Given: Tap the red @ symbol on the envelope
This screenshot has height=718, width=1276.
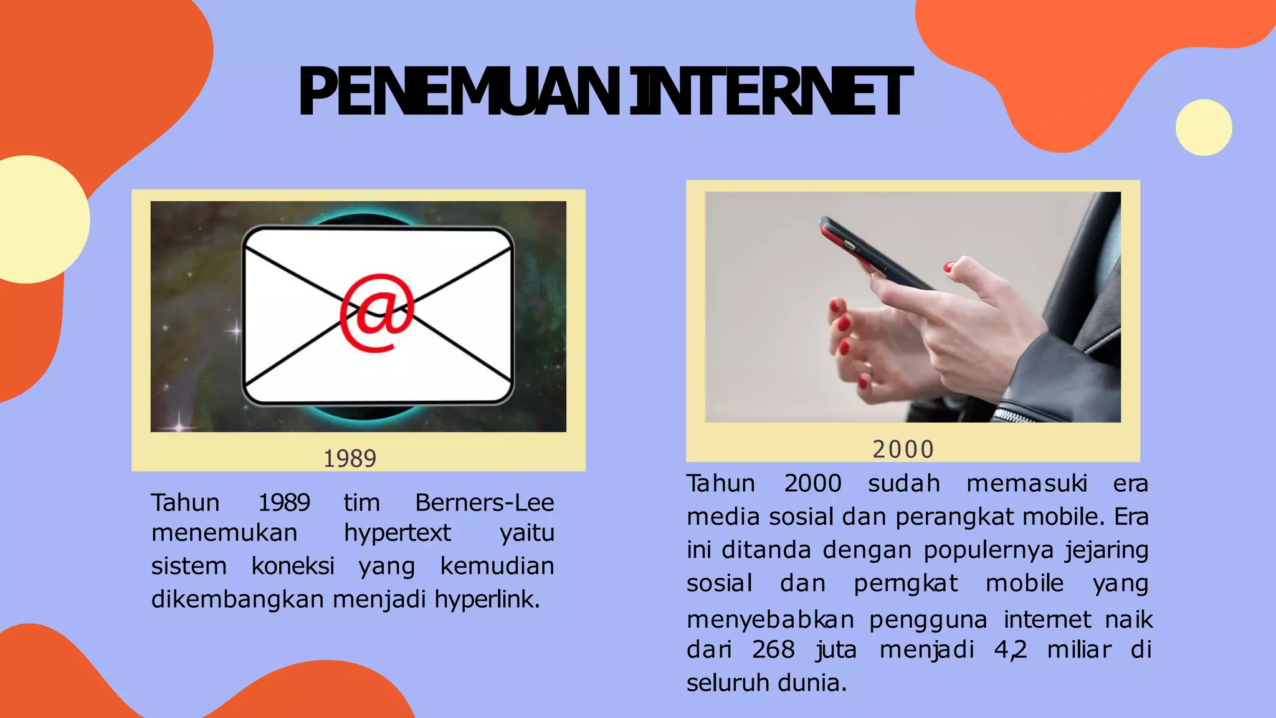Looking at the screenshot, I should click(x=377, y=312).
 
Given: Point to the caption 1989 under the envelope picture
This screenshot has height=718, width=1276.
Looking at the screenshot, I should click(x=350, y=459).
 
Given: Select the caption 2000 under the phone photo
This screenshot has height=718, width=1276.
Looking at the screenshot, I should click(x=903, y=449).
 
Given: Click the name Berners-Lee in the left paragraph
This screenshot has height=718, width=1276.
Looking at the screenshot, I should click(x=484, y=502).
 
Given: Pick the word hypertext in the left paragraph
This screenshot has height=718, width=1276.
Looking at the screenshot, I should click(x=397, y=533).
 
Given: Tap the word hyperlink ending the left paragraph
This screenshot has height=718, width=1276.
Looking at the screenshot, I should click(x=487, y=599).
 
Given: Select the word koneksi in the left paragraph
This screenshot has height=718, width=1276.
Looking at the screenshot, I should click(x=293, y=566).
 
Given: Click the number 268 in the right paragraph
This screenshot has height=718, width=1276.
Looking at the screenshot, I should click(x=773, y=649).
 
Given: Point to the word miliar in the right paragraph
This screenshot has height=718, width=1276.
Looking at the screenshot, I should click(x=1078, y=649).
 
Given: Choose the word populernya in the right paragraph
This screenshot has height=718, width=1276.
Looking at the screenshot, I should click(x=989, y=550).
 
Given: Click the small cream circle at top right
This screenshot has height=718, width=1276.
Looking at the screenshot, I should click(x=1203, y=127).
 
